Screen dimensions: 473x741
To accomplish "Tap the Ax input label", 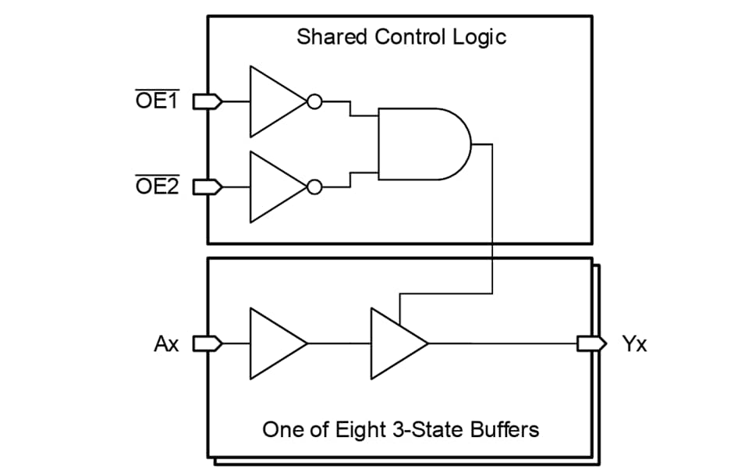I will (x=166, y=343).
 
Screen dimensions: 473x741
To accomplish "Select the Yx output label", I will (x=634, y=343).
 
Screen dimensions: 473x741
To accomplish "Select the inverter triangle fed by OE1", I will (x=273, y=101).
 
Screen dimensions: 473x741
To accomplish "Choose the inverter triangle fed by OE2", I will (x=273, y=187).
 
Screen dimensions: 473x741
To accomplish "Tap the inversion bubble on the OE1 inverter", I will (x=314, y=101).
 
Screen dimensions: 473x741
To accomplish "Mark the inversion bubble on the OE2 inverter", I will (x=314, y=187).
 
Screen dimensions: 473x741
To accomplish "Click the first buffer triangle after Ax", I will (x=273, y=343).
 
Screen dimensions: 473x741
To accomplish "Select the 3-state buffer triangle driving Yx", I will (x=395, y=343).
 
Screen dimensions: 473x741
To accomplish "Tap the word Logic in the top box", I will (x=479, y=37).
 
